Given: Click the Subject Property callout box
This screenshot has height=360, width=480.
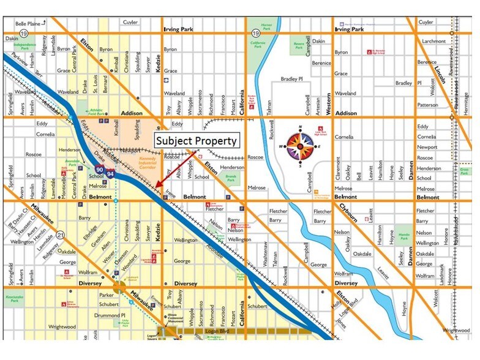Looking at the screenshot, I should click(x=195, y=141).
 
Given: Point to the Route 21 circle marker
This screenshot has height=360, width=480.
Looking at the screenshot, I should click(x=61, y=234).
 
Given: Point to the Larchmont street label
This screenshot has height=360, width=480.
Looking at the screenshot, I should click(x=432, y=41).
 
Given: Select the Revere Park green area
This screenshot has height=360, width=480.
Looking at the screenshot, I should click(x=299, y=45).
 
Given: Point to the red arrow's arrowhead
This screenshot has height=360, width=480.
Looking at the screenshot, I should click(x=157, y=187).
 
